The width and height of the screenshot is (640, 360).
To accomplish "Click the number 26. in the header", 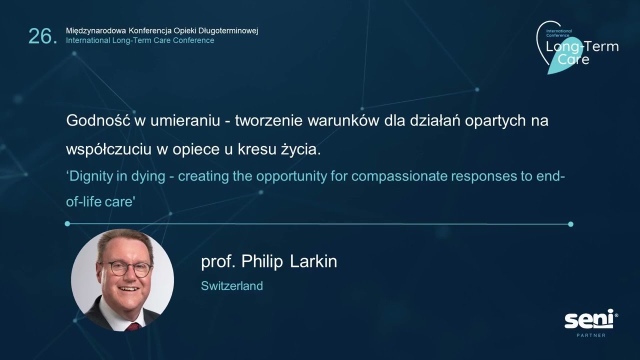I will tap(42, 36).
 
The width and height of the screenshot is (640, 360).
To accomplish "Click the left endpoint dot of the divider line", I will tap(67, 224).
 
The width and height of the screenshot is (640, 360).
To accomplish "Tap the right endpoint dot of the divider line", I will tap(570, 224).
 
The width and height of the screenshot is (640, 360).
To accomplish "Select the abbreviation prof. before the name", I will tap(217, 262).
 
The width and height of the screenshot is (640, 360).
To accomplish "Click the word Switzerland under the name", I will tap(232, 286).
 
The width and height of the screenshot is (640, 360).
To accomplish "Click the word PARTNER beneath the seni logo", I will tap(591, 335).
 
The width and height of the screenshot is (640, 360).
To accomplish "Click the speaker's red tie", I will tap(133, 326).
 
